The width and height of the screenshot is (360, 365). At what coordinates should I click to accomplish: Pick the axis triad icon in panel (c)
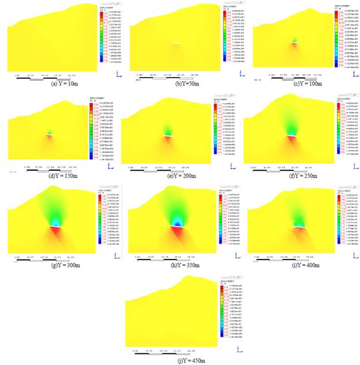point(351,75)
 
